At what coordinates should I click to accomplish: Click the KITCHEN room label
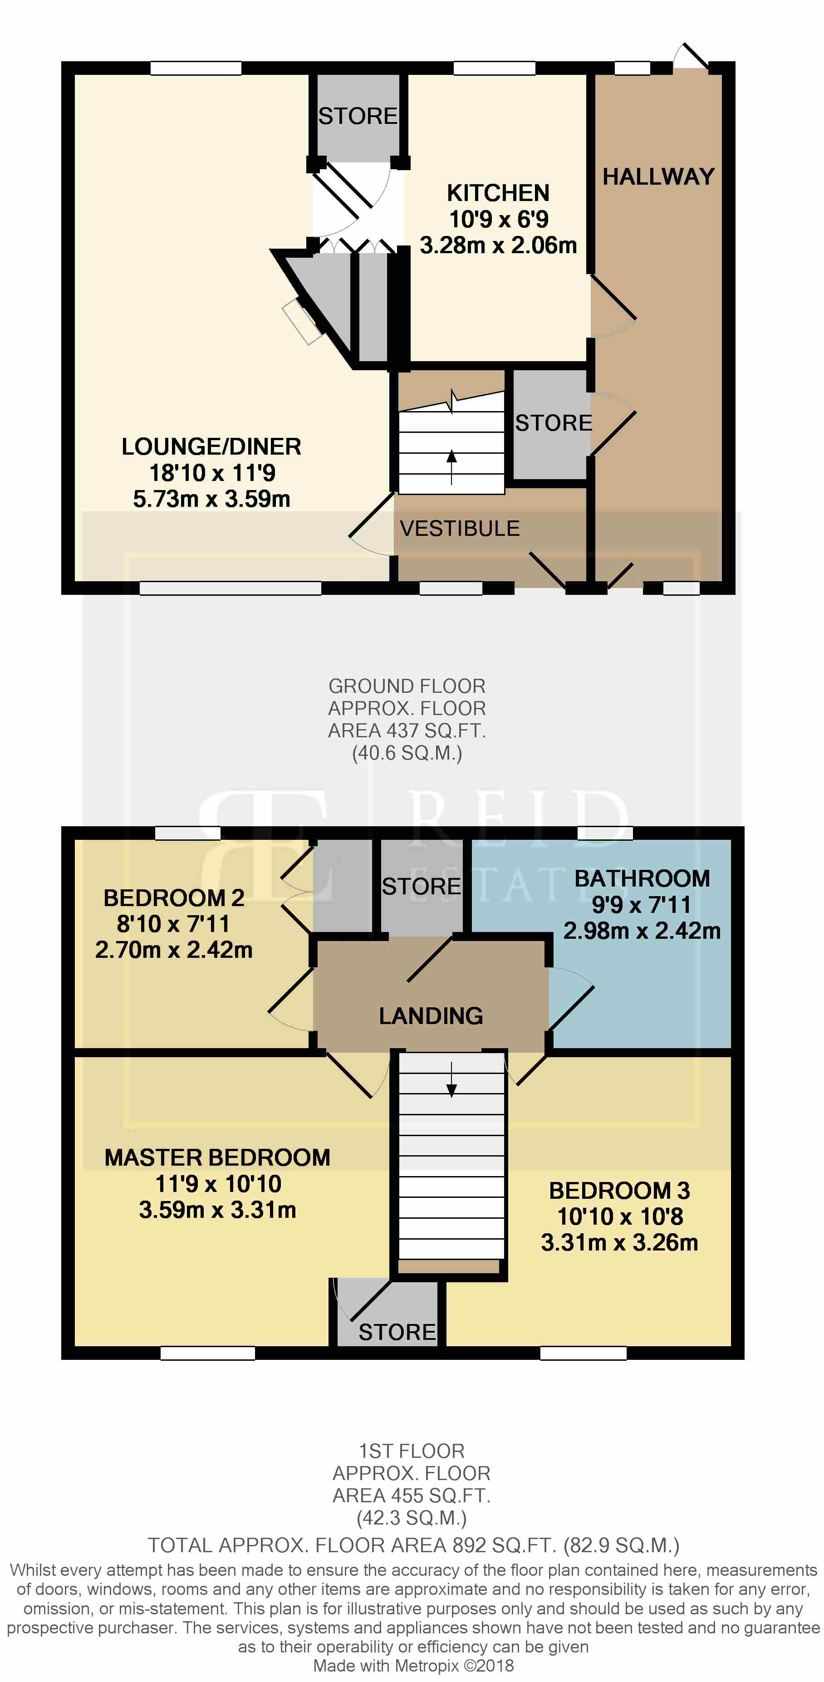[x=498, y=193]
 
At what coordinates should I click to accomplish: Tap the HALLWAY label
[x=658, y=177]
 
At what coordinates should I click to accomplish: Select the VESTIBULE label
[x=460, y=528]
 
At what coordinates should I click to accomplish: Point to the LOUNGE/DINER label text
[x=211, y=446]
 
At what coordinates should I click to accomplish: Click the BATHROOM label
[x=642, y=878]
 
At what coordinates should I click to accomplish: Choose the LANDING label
[x=431, y=1015]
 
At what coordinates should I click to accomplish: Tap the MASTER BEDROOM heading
[x=217, y=1157]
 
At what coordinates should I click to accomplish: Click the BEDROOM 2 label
[x=174, y=898]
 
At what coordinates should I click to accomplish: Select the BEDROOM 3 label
[x=619, y=1190]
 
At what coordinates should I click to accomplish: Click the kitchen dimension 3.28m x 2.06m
[x=498, y=245]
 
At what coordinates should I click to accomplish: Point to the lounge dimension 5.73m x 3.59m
[x=211, y=499]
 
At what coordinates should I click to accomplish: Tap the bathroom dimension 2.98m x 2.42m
[x=642, y=931]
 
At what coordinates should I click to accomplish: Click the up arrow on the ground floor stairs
[x=451, y=467]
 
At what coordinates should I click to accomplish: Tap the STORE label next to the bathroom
[x=421, y=886]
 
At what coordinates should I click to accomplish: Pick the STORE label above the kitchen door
[x=358, y=116]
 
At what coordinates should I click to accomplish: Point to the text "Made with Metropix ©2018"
[x=413, y=1666]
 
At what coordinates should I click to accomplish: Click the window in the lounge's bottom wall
[x=231, y=588]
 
